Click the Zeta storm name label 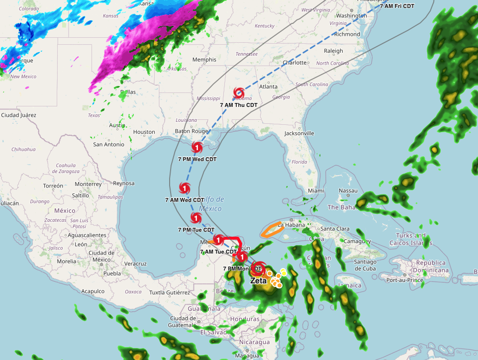(x=258, y=280)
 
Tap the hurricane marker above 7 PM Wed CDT (x=197, y=147)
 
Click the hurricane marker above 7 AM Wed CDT (x=185, y=187)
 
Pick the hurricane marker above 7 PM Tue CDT (x=196, y=218)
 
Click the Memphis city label (x=204, y=60)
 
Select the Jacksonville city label (x=299, y=133)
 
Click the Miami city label (x=315, y=190)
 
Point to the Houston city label (x=144, y=132)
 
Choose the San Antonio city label (x=108, y=144)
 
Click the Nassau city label (x=348, y=190)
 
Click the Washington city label (x=351, y=15)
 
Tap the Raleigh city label (x=333, y=51)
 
